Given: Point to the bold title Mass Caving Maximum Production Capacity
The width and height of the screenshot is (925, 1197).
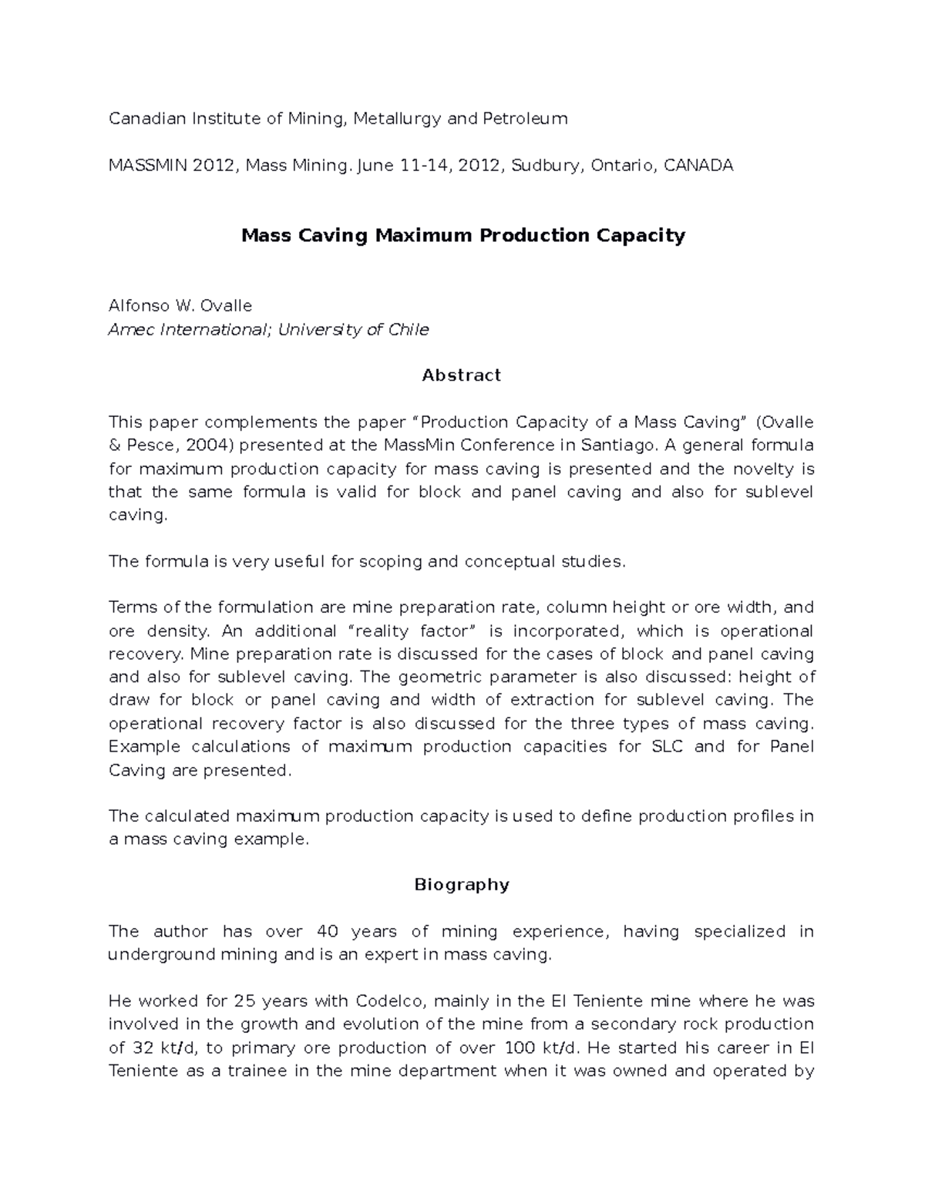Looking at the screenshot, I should [x=462, y=235].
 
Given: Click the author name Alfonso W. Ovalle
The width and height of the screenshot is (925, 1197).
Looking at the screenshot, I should [x=180, y=305].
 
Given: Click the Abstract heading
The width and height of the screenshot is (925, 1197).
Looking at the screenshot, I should [x=462, y=375].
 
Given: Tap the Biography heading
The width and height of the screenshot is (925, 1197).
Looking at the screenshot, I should [x=462, y=884].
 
